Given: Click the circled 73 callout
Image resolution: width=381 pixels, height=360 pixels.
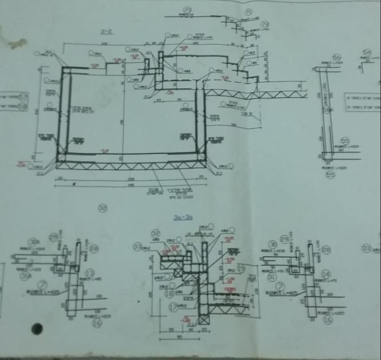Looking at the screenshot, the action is (x=187, y=9).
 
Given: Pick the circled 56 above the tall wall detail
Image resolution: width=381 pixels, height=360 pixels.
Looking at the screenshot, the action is (x=337, y=57).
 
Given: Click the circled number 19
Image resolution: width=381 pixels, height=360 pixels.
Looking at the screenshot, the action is (x=241, y=268).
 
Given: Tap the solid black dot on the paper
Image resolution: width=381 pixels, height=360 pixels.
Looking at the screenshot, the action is (x=37, y=329).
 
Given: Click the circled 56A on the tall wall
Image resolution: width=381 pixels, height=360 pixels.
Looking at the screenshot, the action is (x=327, y=109).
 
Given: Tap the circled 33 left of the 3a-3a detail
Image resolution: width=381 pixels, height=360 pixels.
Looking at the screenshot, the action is (x=138, y=247).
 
